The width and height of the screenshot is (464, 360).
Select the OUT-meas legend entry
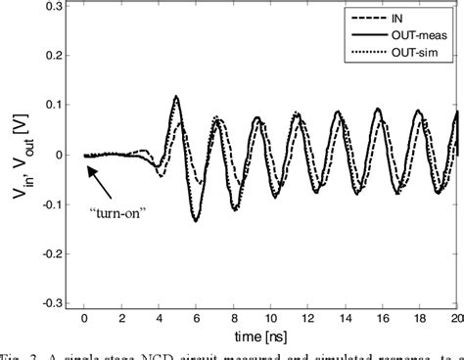pyautogui.click(x=421, y=34)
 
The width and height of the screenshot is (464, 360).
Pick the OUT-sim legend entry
pyautogui.click(x=421, y=52)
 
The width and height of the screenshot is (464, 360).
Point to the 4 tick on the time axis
pyautogui.click(x=159, y=319)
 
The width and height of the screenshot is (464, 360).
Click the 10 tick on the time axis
pyautogui.click(x=270, y=319)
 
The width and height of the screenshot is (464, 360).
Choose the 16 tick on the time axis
pyautogui.click(x=383, y=319)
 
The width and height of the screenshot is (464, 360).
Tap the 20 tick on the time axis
pyautogui.click(x=455, y=319)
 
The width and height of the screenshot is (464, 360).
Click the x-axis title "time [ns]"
pyautogui.click(x=269, y=337)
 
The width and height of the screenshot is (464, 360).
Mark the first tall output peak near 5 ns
pyautogui.click(x=176, y=96)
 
